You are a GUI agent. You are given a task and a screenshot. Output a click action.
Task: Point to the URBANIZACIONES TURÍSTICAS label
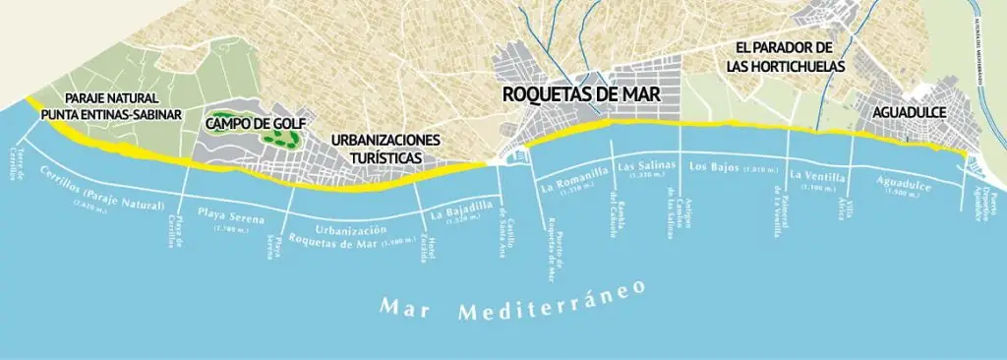385,149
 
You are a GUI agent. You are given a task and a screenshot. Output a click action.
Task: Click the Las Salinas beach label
644,168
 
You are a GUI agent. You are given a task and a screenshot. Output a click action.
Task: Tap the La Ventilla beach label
816,176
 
